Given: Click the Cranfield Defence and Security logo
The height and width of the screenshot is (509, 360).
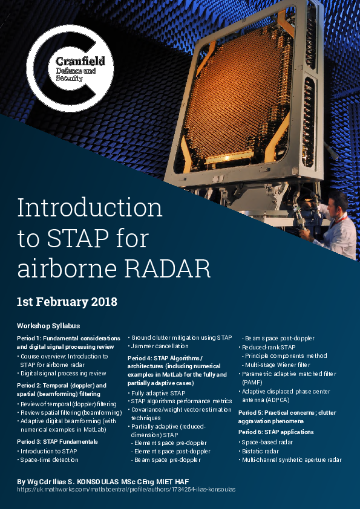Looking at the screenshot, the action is click(70, 68).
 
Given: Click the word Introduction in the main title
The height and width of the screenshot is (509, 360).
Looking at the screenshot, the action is click(90, 208).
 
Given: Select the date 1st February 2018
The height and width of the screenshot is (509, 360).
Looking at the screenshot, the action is click(67, 302).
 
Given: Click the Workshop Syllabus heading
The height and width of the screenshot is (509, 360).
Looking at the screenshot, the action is click(48, 326).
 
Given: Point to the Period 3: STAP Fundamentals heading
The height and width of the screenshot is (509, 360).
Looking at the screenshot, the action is click(57, 442).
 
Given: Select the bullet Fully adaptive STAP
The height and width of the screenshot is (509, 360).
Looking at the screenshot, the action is click(157, 394).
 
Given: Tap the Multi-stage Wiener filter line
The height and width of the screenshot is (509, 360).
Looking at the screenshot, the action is click(276, 365).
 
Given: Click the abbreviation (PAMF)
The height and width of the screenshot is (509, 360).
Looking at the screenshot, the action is click(252, 383).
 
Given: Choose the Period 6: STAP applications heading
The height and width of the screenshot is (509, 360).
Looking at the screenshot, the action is click(276, 432).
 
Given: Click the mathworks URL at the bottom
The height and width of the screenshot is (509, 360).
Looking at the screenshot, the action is click(126, 489).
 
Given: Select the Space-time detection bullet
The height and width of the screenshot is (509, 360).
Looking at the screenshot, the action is click(48, 460).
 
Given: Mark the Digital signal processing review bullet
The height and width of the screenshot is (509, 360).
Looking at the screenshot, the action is click(62, 374).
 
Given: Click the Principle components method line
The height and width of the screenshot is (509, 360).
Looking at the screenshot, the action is click(284, 356).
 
